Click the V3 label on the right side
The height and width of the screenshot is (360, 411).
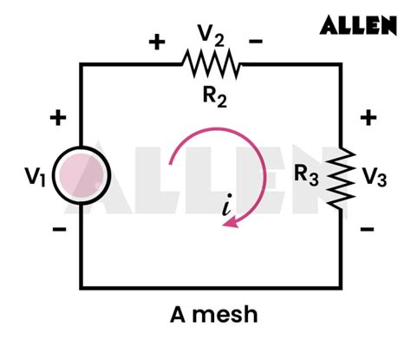[x=375, y=178]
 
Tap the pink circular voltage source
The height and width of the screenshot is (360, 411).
[x=82, y=176]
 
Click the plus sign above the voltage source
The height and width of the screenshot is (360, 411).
[x=59, y=118]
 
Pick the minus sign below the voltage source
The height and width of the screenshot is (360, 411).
[x=59, y=230]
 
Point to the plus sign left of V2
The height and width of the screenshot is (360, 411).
[x=159, y=42]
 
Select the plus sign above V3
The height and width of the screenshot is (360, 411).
[x=368, y=118]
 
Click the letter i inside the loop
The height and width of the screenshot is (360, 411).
[x=227, y=206]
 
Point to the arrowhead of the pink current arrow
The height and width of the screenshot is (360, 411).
[x=230, y=223]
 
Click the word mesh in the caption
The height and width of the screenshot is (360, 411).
[x=227, y=315]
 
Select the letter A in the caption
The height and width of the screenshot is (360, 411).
[x=182, y=315]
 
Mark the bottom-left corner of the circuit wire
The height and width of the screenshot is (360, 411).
[x=82, y=287]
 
